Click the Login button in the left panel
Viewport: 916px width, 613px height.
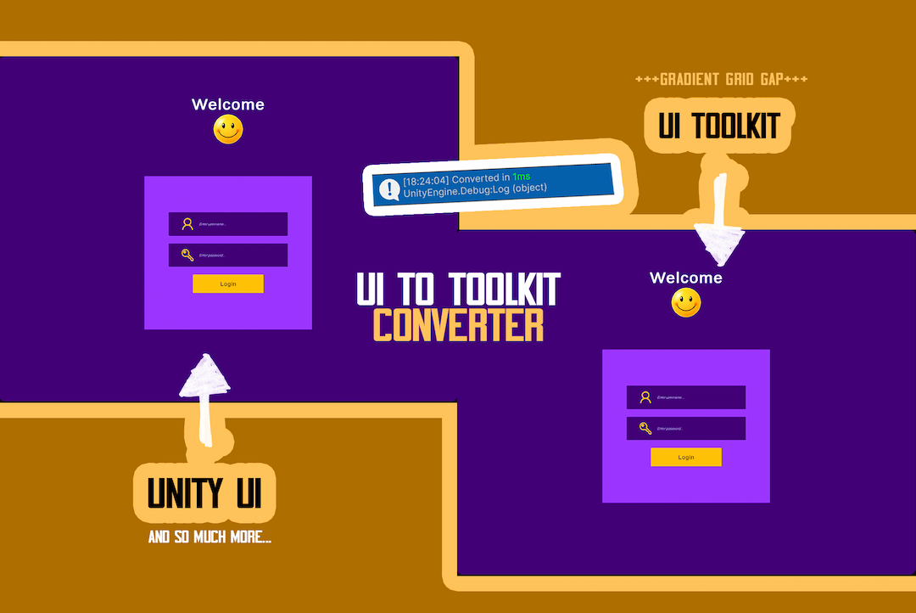point(228,284)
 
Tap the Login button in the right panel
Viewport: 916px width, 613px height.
point(686,457)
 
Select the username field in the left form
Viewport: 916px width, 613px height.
point(228,224)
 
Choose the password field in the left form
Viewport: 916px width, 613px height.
point(228,255)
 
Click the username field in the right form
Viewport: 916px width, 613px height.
point(686,397)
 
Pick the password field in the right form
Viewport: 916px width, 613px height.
point(686,428)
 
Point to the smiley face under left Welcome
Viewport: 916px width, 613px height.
point(228,130)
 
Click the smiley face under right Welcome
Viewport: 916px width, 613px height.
point(686,303)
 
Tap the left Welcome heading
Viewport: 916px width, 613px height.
point(228,104)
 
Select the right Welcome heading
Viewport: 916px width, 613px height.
point(686,278)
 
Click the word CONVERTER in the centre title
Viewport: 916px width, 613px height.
point(458,324)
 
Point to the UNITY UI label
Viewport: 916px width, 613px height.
point(204,493)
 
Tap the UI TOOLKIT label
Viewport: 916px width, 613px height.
point(719,127)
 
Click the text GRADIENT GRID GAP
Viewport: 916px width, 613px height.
point(721,79)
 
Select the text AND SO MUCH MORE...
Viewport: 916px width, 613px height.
point(209,537)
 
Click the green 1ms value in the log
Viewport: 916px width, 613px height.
point(521,177)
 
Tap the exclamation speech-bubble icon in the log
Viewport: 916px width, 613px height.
point(388,189)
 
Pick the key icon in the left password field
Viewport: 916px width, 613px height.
point(187,255)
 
